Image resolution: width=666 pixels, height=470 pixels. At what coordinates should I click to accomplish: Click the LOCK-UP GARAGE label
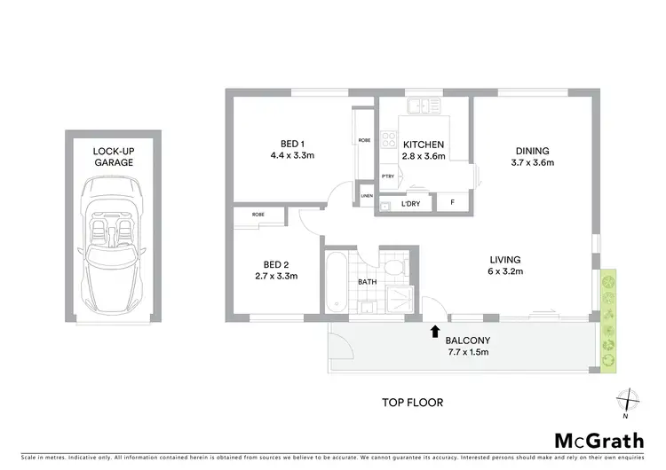coord(114,157)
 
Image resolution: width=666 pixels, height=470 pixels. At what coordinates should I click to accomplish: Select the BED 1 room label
coord(292,145)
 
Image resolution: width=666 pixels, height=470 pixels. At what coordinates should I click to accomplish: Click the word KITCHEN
coord(424,145)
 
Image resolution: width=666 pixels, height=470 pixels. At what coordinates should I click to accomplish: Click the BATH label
coord(368,282)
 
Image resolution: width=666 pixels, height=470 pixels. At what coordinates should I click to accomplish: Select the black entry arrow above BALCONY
coord(434,332)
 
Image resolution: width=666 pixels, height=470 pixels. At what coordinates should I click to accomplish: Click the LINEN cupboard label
coord(366,197)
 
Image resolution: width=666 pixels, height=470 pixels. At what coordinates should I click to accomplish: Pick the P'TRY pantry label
coord(388,176)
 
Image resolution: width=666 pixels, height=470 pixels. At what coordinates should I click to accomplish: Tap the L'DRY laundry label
coord(410,204)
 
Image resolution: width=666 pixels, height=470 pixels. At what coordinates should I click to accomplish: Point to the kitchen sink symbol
coord(424,107)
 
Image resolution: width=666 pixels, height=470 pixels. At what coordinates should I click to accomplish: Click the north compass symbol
coord(625,402)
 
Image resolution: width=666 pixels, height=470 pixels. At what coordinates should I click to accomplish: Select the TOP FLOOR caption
coord(412,402)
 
